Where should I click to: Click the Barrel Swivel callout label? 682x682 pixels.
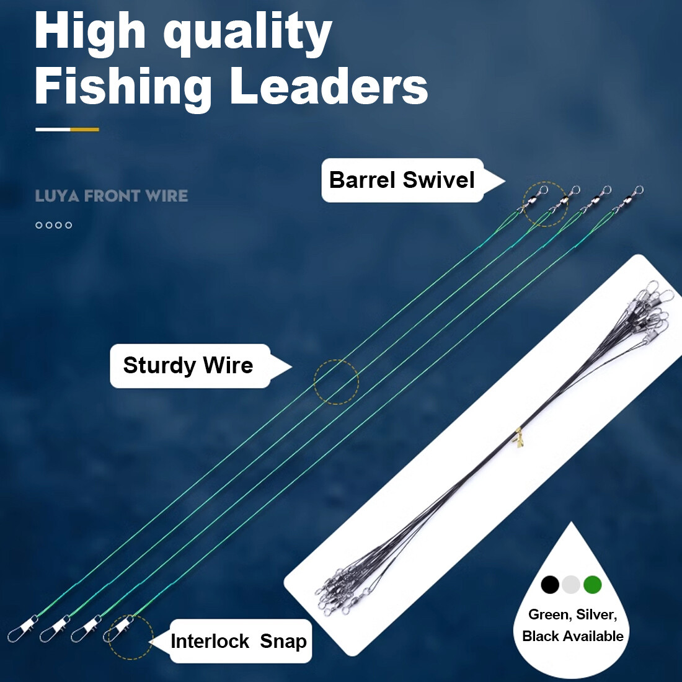click(402, 180)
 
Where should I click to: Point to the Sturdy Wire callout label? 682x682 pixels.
click(188, 365)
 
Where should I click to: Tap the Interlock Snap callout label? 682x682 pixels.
click(239, 641)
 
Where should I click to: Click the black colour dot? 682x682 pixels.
click(550, 584)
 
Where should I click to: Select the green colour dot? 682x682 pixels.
click(593, 584)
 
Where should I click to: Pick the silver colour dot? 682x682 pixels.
click(571, 584)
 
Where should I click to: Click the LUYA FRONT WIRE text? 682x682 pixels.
click(112, 196)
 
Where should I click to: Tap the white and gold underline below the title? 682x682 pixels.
click(67, 130)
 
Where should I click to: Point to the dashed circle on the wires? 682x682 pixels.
click(336, 382)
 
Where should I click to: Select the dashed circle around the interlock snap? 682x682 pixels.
click(130, 637)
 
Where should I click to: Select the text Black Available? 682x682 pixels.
click(573, 636)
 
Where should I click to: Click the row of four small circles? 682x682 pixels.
click(54, 225)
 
